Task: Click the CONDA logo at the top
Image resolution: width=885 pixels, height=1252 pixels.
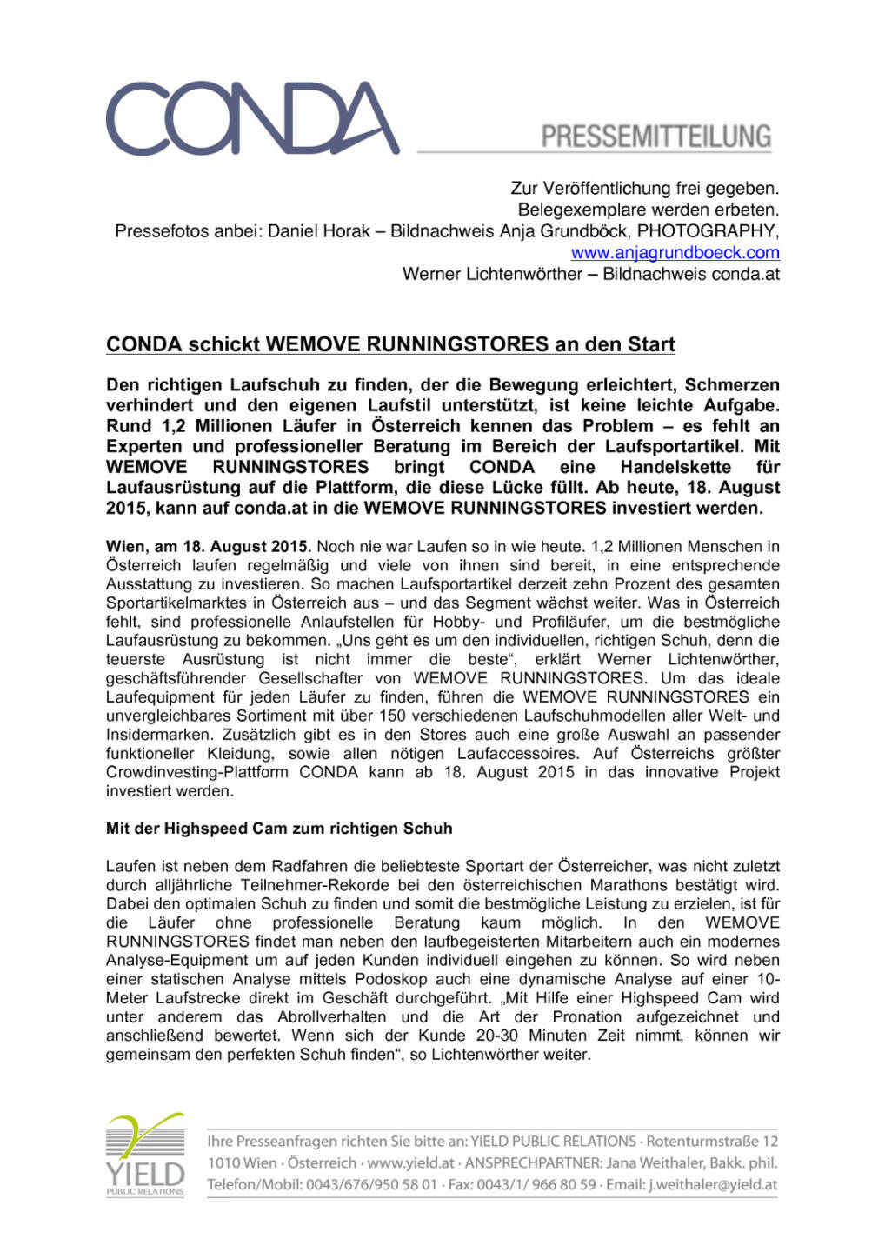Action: pyautogui.click(x=252, y=119)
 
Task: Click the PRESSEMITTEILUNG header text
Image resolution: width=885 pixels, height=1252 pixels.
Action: pyautogui.click(x=656, y=137)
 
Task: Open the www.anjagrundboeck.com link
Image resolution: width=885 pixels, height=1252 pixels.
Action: pyautogui.click(x=675, y=253)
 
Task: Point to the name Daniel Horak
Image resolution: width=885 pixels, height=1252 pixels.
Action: pyautogui.click(x=319, y=231)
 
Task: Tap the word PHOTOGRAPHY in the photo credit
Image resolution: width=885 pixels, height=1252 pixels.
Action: pyautogui.click(x=707, y=231)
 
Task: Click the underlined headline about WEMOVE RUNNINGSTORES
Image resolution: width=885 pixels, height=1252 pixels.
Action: pyautogui.click(x=390, y=344)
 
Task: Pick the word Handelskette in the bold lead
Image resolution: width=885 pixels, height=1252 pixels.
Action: pyautogui.click(x=675, y=467)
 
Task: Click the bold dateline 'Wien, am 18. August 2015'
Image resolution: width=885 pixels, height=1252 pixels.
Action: pyautogui.click(x=207, y=547)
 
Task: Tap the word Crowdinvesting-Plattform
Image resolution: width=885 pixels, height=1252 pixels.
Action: pyautogui.click(x=196, y=772)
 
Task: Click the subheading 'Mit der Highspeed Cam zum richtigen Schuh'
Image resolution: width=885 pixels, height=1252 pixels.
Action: pyautogui.click(x=279, y=829)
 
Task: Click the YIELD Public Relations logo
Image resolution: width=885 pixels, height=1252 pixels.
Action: pyautogui.click(x=145, y=1155)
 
